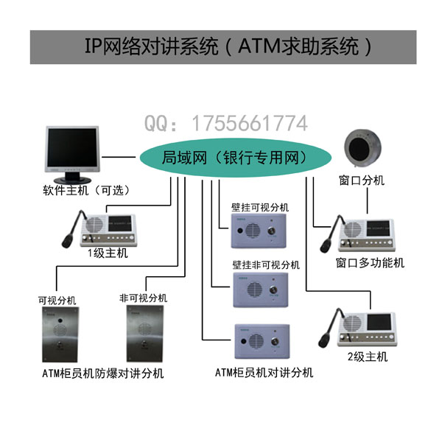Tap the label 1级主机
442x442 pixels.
click(108, 253)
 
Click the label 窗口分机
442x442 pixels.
click(361, 180)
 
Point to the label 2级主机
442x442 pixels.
click(367, 357)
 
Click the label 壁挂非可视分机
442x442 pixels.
click(266, 264)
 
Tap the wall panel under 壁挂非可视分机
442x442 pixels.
click(262, 291)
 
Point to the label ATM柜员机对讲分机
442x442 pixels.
click(264, 373)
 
